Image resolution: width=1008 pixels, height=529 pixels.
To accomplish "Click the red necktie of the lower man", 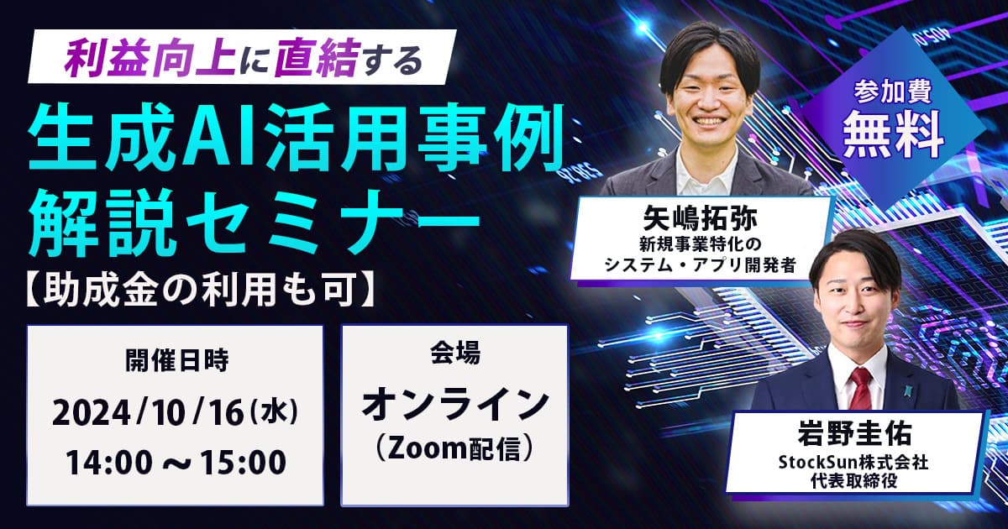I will coord(860,388).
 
